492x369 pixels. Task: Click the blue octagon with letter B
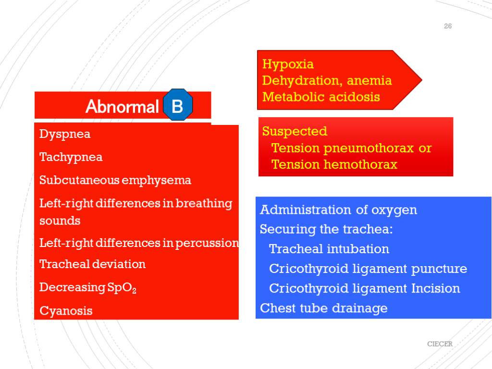pyautogui.click(x=178, y=105)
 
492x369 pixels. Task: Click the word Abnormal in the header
pyautogui.click(x=122, y=107)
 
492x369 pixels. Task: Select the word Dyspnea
pyautogui.click(x=65, y=135)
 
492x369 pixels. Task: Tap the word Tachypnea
pyautogui.click(x=71, y=158)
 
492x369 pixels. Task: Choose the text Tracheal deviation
pyautogui.click(x=92, y=264)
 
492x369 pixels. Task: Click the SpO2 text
pyautogui.click(x=122, y=288)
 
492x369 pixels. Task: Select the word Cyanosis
pyautogui.click(x=66, y=311)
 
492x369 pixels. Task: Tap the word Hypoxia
pyautogui.click(x=288, y=64)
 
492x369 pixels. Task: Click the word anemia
pyautogui.click(x=369, y=81)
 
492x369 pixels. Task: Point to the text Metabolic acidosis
pyautogui.click(x=321, y=97)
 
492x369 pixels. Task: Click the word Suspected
pyautogui.click(x=295, y=132)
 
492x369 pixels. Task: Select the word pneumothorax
pyautogui.click(x=369, y=148)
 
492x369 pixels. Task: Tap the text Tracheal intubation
pyautogui.click(x=329, y=249)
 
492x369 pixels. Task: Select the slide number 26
pyautogui.click(x=448, y=26)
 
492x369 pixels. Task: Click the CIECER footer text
pyautogui.click(x=440, y=344)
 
